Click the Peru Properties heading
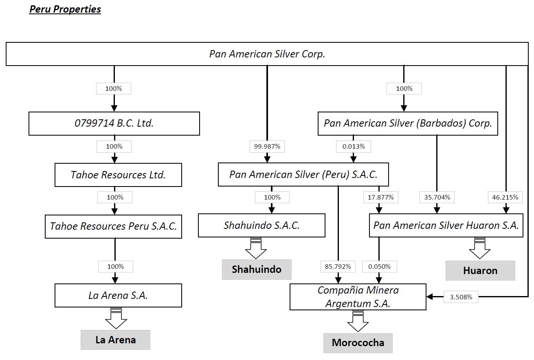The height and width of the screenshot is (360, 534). (x=65, y=9)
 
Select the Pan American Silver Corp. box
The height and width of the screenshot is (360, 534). (x=267, y=54)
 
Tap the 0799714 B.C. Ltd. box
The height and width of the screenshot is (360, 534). (x=114, y=123)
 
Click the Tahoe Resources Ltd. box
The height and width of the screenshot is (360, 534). (x=118, y=175)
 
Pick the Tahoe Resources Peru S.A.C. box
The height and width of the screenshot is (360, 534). (x=113, y=226)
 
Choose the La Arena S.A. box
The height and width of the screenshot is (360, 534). (x=118, y=295)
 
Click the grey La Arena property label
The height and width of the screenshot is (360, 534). (x=115, y=340)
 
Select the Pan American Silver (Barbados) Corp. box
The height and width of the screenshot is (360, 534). (x=408, y=123)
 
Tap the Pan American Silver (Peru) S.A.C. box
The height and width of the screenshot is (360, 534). (x=303, y=174)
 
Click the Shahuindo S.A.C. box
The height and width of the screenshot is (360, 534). (x=262, y=225)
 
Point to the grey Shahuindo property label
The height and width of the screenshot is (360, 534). (x=257, y=269)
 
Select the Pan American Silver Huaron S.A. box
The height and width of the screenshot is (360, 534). (x=446, y=225)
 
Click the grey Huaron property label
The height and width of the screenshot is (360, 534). (x=480, y=270)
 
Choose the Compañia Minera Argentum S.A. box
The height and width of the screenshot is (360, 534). (x=358, y=297)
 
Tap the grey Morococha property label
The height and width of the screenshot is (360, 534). (x=358, y=342)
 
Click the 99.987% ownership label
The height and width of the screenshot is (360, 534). (x=267, y=147)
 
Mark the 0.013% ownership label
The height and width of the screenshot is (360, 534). (x=354, y=147)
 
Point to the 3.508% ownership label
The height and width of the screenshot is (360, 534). (x=461, y=297)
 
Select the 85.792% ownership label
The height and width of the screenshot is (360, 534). (x=338, y=267)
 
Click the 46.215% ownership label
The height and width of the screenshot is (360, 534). (x=505, y=198)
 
